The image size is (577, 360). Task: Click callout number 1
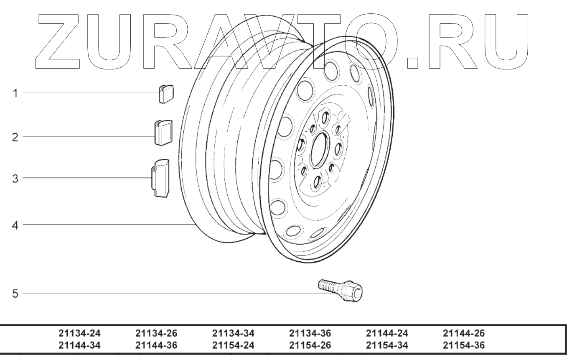tap(15, 93)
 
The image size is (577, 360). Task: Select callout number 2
tap(15, 137)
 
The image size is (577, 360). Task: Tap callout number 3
tap(15, 178)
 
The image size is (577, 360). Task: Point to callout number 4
tap(15, 225)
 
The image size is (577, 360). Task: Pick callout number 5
tap(15, 294)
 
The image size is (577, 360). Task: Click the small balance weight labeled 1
tap(166, 94)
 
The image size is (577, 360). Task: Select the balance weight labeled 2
tap(163, 133)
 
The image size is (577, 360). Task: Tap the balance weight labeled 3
tap(160, 178)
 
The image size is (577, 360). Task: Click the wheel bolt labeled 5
tap(340, 291)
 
